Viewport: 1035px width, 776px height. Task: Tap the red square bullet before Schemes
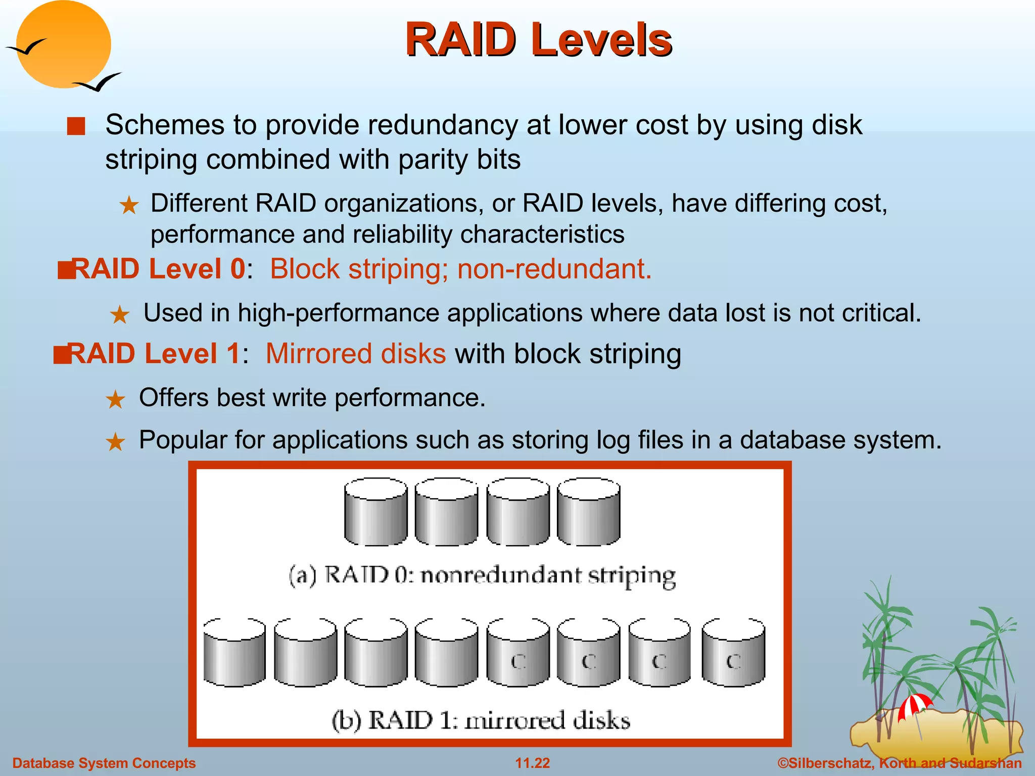tap(76, 126)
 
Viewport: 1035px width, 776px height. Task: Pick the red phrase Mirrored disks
tap(356, 354)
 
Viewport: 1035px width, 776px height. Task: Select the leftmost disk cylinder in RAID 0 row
tap(375, 511)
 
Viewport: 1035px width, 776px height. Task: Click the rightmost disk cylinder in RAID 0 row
tap(588, 511)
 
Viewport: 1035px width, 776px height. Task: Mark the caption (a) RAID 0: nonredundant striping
tap(482, 576)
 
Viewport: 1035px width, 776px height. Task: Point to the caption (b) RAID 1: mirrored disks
tap(481, 720)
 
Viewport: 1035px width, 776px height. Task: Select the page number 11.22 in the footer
tap(532, 763)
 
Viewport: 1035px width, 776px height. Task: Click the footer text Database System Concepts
tap(104, 763)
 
